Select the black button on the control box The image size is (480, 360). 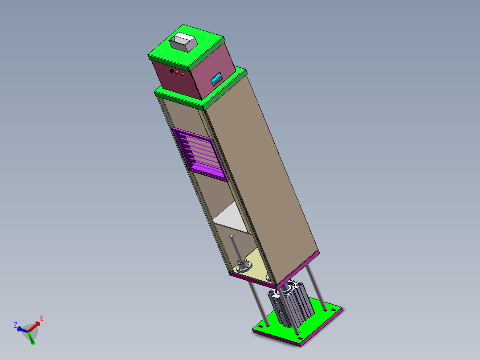pos(171,70)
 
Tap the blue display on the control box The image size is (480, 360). pos(216,79)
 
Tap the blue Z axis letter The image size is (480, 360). pos(16,325)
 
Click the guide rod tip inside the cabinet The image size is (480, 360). pos(232,236)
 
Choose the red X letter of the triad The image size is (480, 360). pos(41,318)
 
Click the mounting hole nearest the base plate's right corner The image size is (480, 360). pos(333,309)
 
